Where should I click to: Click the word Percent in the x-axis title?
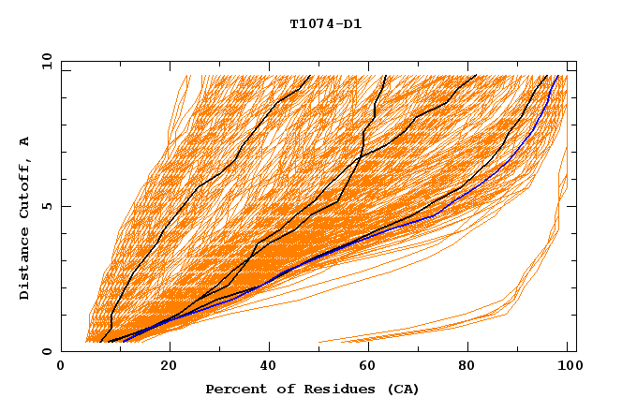pyautogui.click(x=231, y=389)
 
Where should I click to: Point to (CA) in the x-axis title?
pyautogui.click(x=401, y=389)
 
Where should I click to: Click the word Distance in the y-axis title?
pyautogui.click(x=25, y=265)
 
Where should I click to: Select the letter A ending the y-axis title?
pyautogui.click(x=25, y=141)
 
